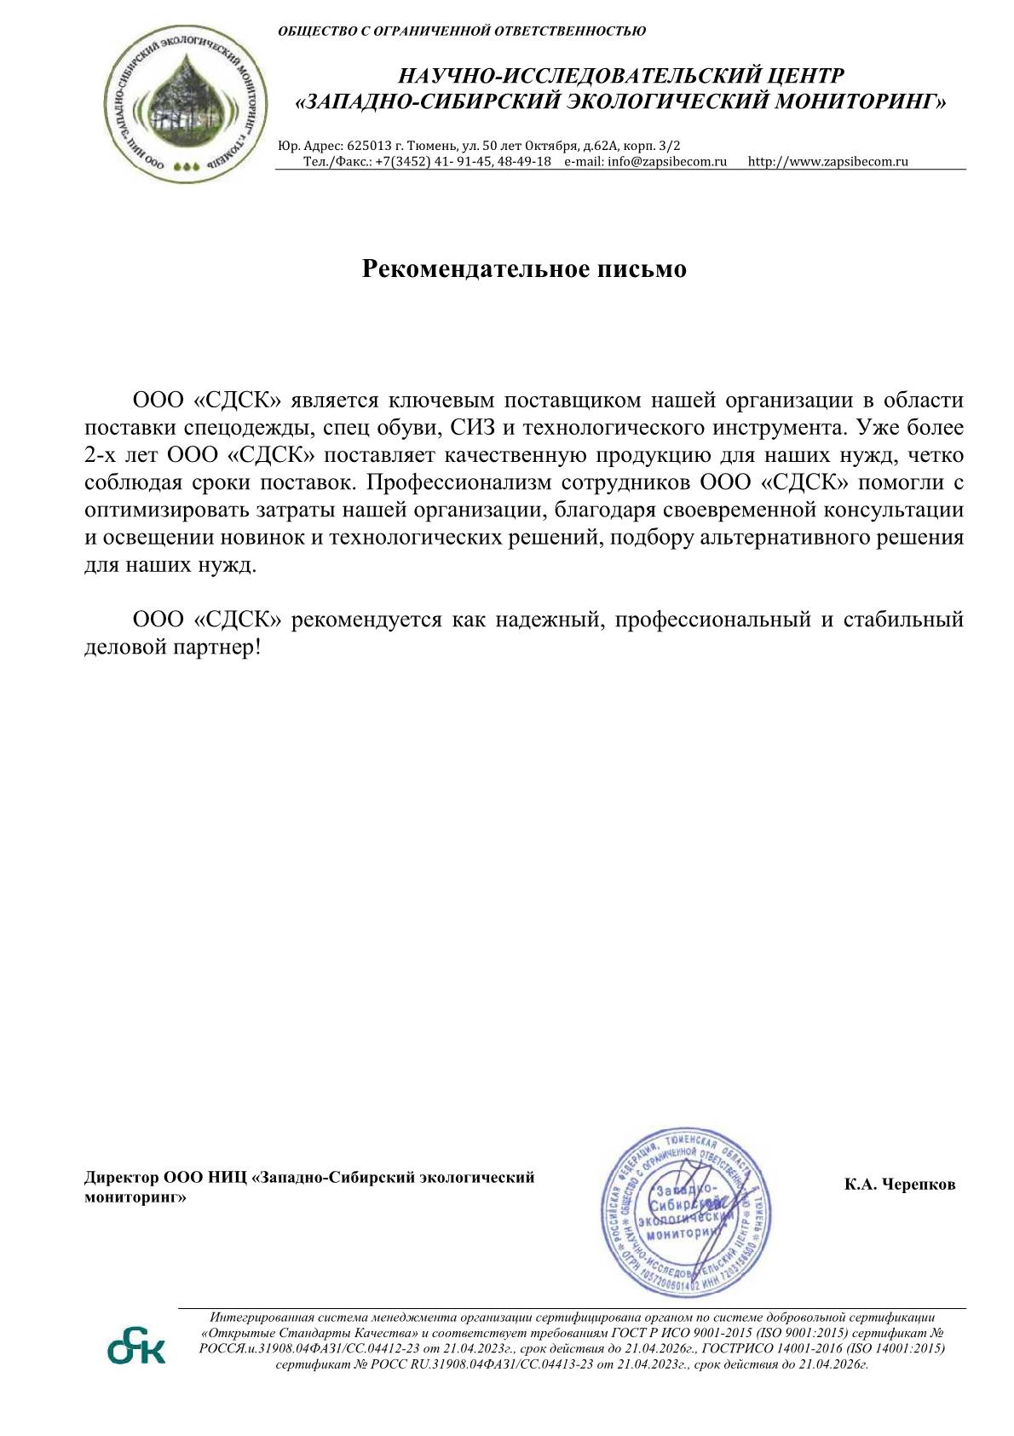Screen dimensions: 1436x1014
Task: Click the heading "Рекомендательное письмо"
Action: pos(524,268)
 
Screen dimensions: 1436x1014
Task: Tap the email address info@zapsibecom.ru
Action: pos(667,161)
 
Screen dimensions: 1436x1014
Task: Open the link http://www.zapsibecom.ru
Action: pos(827,161)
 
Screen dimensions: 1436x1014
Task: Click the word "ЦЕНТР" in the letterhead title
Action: pos(804,77)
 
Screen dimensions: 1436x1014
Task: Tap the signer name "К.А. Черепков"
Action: pos(900,1184)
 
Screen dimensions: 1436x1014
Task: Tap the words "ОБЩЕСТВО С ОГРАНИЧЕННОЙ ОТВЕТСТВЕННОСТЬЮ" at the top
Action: pos(462,32)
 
